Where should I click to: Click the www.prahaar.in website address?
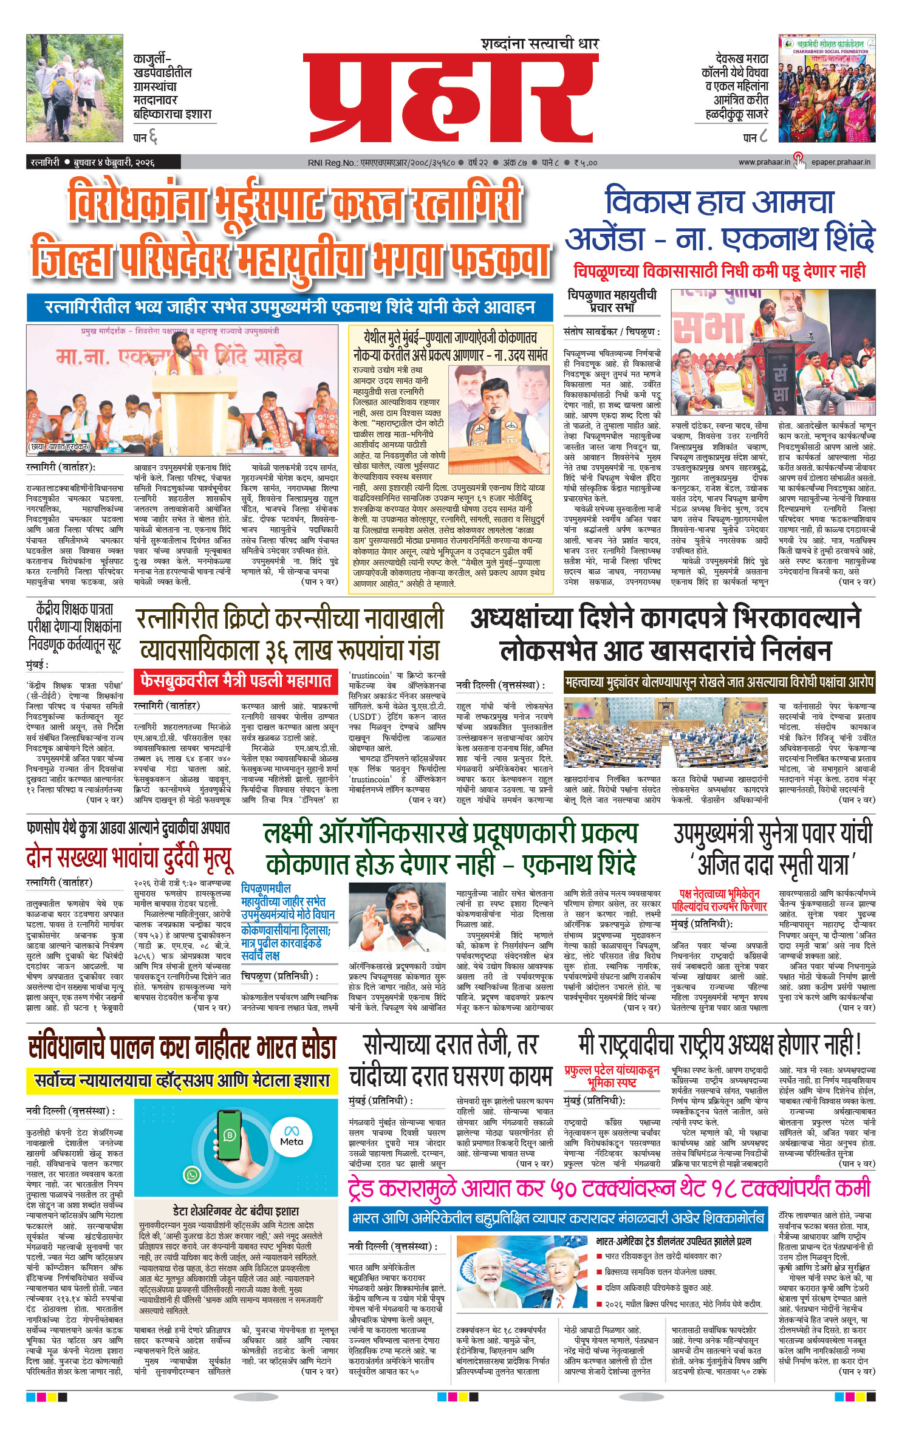pyautogui.click(x=764, y=162)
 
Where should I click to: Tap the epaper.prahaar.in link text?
pyautogui.click(x=841, y=162)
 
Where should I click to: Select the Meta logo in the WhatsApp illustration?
pyautogui.click(x=291, y=1137)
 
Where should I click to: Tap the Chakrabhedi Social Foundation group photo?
pyautogui.click(x=827, y=89)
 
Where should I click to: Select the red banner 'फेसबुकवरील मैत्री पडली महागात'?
pyautogui.click(x=236, y=680)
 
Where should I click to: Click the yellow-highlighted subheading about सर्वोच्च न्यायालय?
pyautogui.click(x=182, y=1079)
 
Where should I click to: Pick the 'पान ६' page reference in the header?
pyautogui.click(x=145, y=138)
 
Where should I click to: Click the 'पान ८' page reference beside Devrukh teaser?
pyautogui.click(x=755, y=138)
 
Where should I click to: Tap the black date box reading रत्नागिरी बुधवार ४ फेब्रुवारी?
pyautogui.click(x=103, y=162)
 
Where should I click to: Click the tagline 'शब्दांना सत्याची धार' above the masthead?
pyautogui.click(x=540, y=44)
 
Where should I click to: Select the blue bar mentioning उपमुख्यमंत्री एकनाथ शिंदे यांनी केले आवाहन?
pyautogui.click(x=290, y=307)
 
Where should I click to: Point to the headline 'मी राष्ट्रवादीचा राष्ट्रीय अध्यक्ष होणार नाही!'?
pyautogui.click(x=720, y=1045)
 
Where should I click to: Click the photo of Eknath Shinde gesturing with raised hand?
pyautogui.click(x=397, y=918)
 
